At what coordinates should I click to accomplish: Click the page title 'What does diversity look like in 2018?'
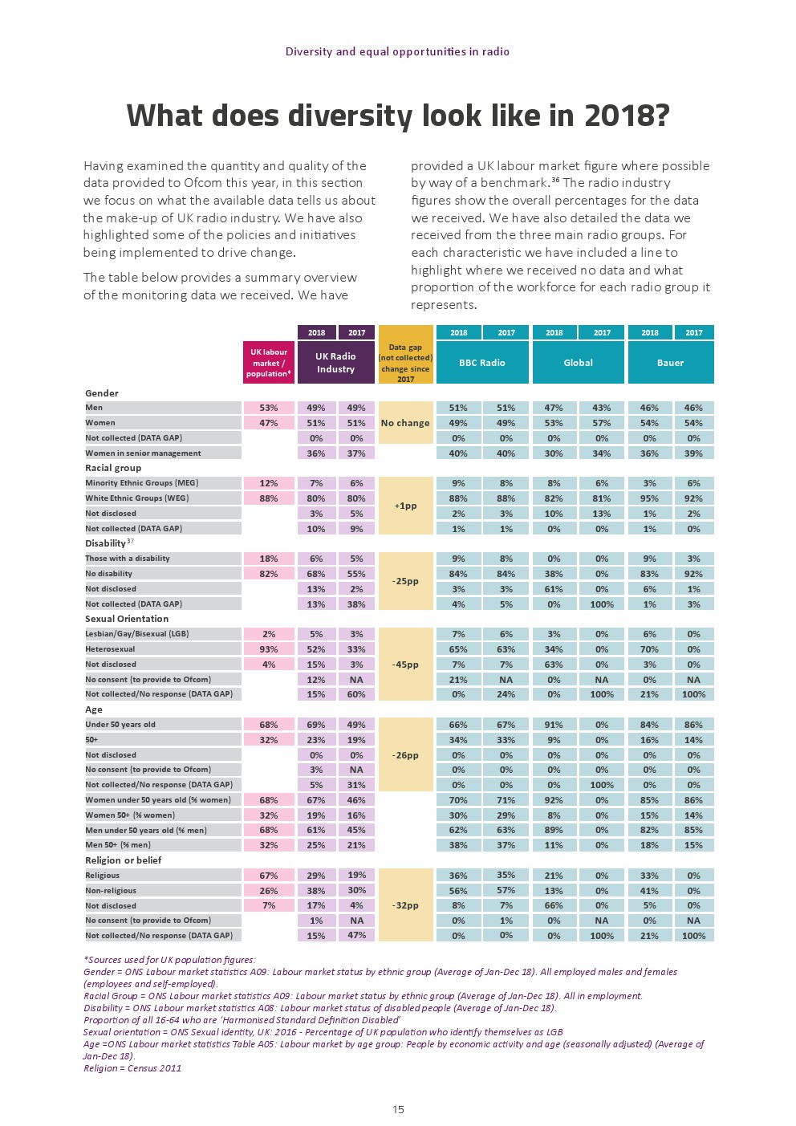[397, 116]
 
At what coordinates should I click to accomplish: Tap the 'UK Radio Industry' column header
[335, 363]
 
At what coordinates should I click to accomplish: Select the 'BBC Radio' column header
[481, 363]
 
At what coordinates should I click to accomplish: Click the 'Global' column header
[578, 363]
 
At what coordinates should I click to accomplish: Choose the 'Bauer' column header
[670, 363]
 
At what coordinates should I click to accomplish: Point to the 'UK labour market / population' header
[268, 363]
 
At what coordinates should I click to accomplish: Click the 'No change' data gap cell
[405, 423]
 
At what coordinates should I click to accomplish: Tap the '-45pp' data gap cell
[405, 665]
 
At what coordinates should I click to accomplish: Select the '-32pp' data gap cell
[405, 905]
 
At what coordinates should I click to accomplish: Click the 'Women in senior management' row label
[143, 453]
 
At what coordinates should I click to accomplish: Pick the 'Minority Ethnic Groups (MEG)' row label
[141, 483]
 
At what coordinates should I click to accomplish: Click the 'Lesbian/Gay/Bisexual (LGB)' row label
[136, 634]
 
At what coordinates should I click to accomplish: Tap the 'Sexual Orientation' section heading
[127, 619]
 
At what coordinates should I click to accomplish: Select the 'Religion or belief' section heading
[123, 860]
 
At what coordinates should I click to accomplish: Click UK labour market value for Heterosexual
[268, 649]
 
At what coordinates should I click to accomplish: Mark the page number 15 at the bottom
[398, 1110]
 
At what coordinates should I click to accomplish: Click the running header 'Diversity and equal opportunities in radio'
[397, 52]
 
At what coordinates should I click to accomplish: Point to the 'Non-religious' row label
[111, 891]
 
